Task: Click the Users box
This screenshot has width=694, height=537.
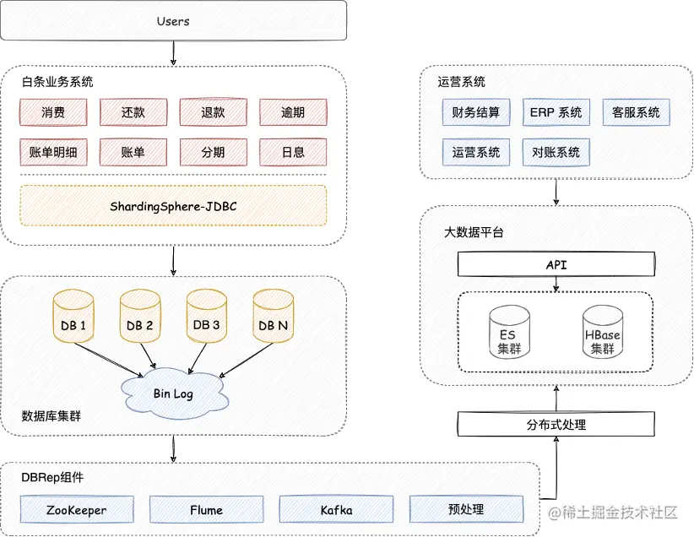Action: [x=174, y=21]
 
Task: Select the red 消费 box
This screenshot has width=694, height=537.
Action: [x=53, y=112]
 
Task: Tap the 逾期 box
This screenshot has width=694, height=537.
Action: [x=293, y=112]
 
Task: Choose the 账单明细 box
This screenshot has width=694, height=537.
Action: [x=53, y=152]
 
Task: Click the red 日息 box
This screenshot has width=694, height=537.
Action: [x=293, y=152]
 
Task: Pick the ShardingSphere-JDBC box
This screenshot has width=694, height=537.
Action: [x=173, y=206]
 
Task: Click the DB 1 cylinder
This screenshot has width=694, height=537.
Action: [x=73, y=316]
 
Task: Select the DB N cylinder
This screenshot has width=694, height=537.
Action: [x=273, y=316]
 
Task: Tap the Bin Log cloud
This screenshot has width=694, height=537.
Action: [x=175, y=393]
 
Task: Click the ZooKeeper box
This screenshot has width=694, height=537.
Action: [x=77, y=509]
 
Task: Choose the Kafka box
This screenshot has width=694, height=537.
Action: [x=336, y=509]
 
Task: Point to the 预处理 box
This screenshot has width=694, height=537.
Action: [x=466, y=509]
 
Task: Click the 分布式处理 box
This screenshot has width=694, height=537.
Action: [x=556, y=424]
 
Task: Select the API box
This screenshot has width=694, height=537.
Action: [x=556, y=264]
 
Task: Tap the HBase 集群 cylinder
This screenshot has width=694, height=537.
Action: [x=602, y=331]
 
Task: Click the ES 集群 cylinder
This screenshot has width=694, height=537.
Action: [x=509, y=331]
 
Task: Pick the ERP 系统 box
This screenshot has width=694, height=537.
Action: [x=556, y=112]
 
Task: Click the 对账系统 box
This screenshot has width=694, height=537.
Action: [x=556, y=152]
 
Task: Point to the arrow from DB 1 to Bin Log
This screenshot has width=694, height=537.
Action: [x=108, y=360]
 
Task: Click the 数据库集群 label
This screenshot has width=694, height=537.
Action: [x=52, y=415]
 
